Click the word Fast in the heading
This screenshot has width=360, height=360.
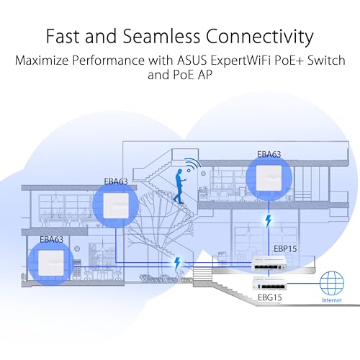pos(63,36)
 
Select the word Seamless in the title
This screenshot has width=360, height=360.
pos(161,36)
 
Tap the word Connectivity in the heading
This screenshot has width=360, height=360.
pos(260,37)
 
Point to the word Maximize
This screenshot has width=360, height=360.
pos(42,60)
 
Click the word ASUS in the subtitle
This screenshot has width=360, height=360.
pos(192,60)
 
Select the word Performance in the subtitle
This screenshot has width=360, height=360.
pos(108,60)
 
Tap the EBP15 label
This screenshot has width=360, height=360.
pos(285,249)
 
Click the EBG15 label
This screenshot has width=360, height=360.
pos(269,297)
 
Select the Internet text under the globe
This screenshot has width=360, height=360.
pos(332,300)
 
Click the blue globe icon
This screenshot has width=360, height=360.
pos(332,283)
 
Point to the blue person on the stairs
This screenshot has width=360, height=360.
pos(179,186)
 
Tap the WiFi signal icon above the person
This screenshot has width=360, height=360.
pos(193,165)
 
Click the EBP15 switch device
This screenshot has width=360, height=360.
pos(269,264)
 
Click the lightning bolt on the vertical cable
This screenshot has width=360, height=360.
pos(269,221)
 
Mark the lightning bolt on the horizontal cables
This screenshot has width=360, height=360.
pos(177,264)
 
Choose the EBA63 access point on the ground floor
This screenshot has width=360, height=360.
pos(51,264)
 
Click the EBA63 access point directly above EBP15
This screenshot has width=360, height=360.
pos(269,178)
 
